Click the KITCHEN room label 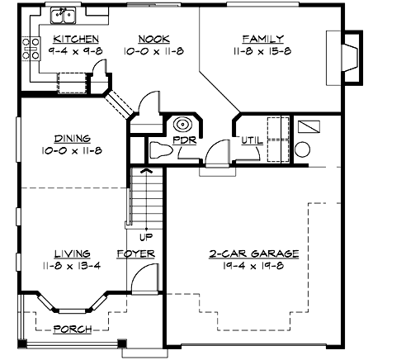coord(76,39)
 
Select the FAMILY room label coord(262,39)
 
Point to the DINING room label coord(72,139)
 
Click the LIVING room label coord(72,253)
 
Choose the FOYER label coord(135,253)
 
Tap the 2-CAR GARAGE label coord(253,253)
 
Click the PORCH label coord(72,329)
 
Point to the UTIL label coord(251,140)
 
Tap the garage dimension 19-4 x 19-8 coord(253,266)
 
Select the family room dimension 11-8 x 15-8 coord(262,51)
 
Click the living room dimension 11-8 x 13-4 coord(72,266)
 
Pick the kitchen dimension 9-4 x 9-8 coord(76,51)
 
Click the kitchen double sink coord(63,15)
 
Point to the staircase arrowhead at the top coord(146,171)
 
